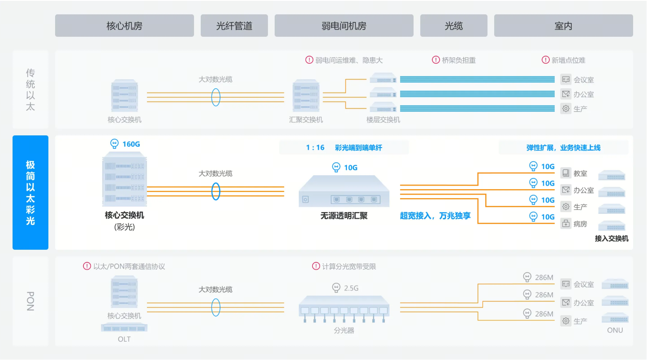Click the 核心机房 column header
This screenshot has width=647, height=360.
tap(125, 26)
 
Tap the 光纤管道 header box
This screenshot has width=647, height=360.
tap(234, 26)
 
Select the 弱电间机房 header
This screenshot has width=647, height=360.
tap(344, 26)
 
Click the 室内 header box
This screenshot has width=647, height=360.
tap(564, 26)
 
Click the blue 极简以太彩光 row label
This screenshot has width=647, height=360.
tap(30, 192)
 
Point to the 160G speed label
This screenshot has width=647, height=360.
tap(131, 144)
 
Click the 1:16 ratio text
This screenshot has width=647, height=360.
tap(315, 147)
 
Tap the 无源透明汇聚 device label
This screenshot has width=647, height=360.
tap(344, 216)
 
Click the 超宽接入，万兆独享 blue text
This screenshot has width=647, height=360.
tap(435, 216)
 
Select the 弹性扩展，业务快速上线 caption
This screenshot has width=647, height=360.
tap(564, 147)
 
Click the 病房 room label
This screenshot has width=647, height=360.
tap(580, 224)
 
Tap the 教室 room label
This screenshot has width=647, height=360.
tap(580, 173)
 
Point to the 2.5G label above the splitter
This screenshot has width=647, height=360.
tap(351, 288)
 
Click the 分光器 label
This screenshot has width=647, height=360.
tap(344, 330)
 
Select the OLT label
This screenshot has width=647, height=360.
tap(124, 339)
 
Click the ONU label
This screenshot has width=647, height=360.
tap(615, 330)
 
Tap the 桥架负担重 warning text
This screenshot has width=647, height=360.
tap(459, 60)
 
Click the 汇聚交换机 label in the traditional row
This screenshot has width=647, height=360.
tap(306, 120)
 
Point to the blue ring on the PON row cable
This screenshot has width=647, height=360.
tap(211, 308)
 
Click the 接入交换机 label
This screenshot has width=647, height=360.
tap(612, 239)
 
